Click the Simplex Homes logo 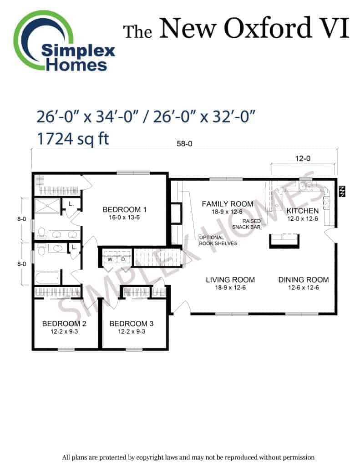64,41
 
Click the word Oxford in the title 268,28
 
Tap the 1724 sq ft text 73,139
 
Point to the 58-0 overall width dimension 184,143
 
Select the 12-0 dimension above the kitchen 303,158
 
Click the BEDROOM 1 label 124,209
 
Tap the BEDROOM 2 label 64,324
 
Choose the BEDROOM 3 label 132,324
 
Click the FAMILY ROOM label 228,204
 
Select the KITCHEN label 303,211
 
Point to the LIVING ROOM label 230,280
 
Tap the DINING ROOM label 304,280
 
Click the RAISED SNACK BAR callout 246,224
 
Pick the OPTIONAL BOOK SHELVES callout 218,240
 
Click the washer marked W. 110,259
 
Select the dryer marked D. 123,259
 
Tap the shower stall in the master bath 48,206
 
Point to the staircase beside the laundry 157,258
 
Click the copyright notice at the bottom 188,457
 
